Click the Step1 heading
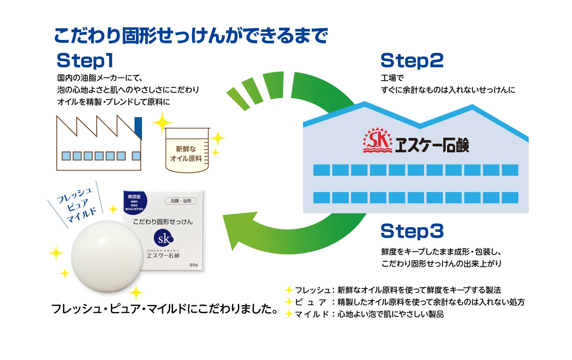click(x=85, y=61)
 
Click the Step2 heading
click(x=412, y=61)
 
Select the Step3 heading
click(x=412, y=232)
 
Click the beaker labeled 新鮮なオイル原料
click(x=187, y=150)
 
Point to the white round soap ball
click(x=107, y=256)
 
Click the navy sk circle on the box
click(x=164, y=239)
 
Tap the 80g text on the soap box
click(x=194, y=265)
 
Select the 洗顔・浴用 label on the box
click(x=181, y=201)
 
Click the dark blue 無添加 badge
click(x=135, y=204)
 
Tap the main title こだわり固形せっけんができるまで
click(x=191, y=36)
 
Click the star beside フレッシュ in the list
click(x=289, y=290)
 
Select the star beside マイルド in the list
click(x=289, y=314)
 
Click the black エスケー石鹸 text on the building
click(x=432, y=145)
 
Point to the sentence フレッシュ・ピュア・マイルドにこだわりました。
click(x=165, y=309)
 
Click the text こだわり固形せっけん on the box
click(x=163, y=222)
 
